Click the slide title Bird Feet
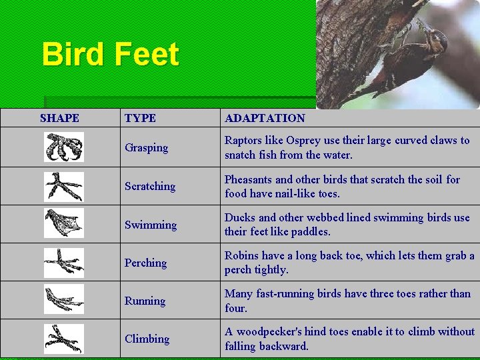110,54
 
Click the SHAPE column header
59,118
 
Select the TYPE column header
140,118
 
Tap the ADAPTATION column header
265,118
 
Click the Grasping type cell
146,148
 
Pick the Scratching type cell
149,186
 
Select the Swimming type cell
150,225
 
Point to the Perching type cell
145,263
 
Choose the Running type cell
145,301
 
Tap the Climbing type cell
147,339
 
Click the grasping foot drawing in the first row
64,147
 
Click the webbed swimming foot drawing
64,223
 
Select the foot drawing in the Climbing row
64,339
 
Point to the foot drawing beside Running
64,299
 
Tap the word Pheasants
249,179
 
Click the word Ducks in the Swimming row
239,217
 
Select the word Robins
241,255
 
